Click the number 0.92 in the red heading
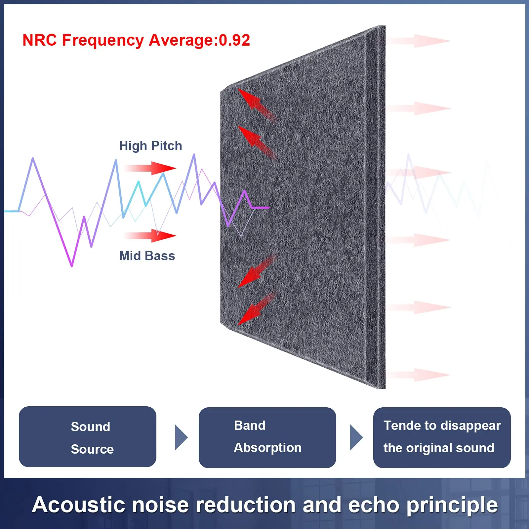coord(234,40)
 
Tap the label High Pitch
coord(150,146)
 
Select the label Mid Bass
coord(147,256)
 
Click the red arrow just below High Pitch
coord(150,168)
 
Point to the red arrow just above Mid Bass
coord(150,235)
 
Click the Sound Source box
coord(88,437)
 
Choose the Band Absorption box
coord(267,437)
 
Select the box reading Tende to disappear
coord(442,437)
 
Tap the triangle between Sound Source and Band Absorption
coord(181,437)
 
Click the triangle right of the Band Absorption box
coord(356,437)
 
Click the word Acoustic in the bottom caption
coord(79,505)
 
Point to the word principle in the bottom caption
coord(452,505)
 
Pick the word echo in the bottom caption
coord(374,505)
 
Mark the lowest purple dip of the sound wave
coord(72,264)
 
